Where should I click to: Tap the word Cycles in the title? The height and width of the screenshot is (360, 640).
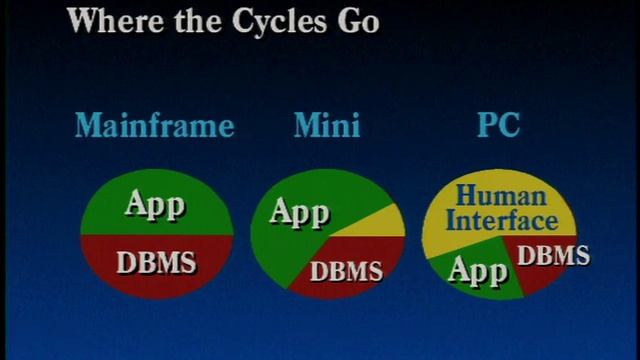276,21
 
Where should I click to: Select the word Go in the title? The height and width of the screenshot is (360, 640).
358,21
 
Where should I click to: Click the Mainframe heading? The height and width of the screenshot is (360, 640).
155,126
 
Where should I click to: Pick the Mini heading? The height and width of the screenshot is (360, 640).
327,126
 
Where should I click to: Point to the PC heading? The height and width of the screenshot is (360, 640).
499,126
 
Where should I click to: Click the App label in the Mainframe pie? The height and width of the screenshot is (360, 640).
155,205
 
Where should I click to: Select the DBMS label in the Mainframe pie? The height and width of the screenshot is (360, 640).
156,263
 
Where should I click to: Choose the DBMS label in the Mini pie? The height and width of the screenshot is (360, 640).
346,270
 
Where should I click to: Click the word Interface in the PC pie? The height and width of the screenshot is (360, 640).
500,220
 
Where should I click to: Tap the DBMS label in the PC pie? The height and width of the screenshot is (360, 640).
552,255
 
